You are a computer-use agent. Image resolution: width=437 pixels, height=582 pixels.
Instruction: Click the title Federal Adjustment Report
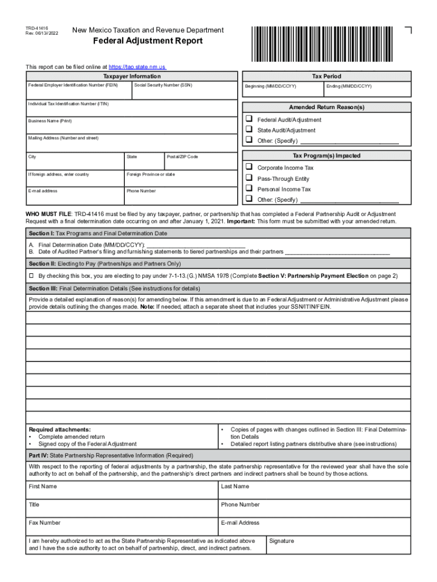pyautogui.click(x=148, y=41)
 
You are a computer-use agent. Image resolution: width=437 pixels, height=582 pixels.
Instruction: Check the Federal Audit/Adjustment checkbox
pyautogui.click(x=249, y=119)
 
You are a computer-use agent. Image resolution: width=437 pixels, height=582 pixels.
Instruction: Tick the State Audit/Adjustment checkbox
pyautogui.click(x=249, y=130)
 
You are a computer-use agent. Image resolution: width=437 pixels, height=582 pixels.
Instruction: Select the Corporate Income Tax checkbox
pyautogui.click(x=249, y=168)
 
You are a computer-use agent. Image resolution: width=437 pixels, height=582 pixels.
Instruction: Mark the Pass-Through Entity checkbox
pyautogui.click(x=249, y=178)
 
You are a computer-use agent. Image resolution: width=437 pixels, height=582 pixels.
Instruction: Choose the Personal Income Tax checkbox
pyautogui.click(x=249, y=189)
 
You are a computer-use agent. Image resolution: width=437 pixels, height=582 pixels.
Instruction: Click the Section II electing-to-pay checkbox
pyautogui.click(x=32, y=276)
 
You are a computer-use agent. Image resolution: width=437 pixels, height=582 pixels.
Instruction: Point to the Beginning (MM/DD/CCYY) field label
pyautogui.click(x=270, y=86)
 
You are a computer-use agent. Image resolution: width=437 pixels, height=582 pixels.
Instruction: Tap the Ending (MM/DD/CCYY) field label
pyautogui.click(x=349, y=86)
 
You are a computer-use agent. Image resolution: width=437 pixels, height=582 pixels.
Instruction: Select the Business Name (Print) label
pyautogui.click(x=50, y=121)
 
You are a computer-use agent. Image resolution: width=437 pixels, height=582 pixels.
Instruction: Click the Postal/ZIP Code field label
pyautogui.click(x=182, y=156)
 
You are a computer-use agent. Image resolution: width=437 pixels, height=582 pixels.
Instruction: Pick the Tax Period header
pyautogui.click(x=326, y=76)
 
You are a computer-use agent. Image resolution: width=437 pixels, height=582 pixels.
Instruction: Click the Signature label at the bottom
pyautogui.click(x=282, y=541)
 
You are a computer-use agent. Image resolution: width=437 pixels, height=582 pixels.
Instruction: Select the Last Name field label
pyautogui.click(x=235, y=487)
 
